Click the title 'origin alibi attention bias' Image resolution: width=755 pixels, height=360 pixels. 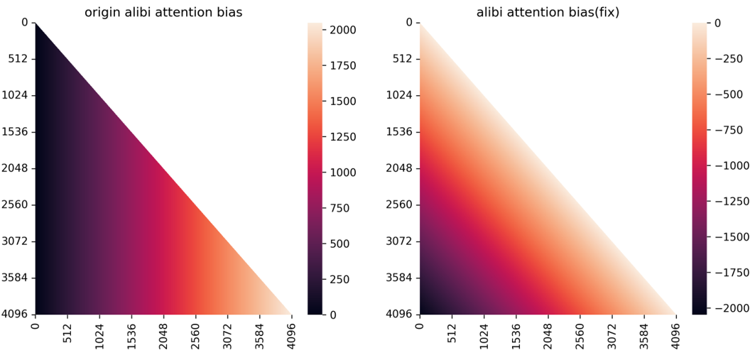163,13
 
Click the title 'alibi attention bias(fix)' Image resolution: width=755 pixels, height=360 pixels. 548,13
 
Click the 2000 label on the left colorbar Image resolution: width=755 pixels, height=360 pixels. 343,29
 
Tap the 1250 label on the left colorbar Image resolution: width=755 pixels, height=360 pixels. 343,137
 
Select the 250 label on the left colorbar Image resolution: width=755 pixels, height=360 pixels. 340,280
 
